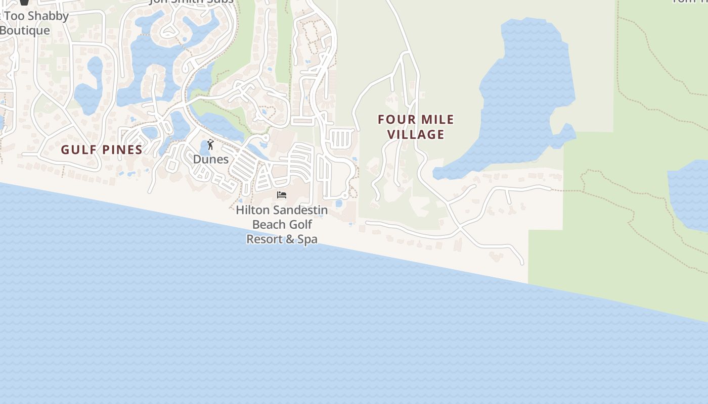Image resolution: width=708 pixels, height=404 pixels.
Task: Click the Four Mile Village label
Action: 416,127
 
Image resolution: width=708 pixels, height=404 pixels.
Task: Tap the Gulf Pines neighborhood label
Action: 102,149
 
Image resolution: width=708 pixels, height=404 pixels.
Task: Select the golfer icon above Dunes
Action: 210,145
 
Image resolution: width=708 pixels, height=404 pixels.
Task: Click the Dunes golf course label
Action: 211,159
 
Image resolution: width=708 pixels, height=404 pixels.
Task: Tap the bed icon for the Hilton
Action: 282,195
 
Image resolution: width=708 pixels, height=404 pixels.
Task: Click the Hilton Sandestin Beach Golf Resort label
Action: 282,224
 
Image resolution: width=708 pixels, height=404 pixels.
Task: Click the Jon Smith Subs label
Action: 192,2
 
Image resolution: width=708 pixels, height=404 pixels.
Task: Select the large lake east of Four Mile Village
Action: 526,91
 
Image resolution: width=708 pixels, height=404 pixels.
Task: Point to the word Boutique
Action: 25,30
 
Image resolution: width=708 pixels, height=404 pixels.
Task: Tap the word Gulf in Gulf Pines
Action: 78,149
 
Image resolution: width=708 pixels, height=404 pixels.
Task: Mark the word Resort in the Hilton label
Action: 263,239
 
